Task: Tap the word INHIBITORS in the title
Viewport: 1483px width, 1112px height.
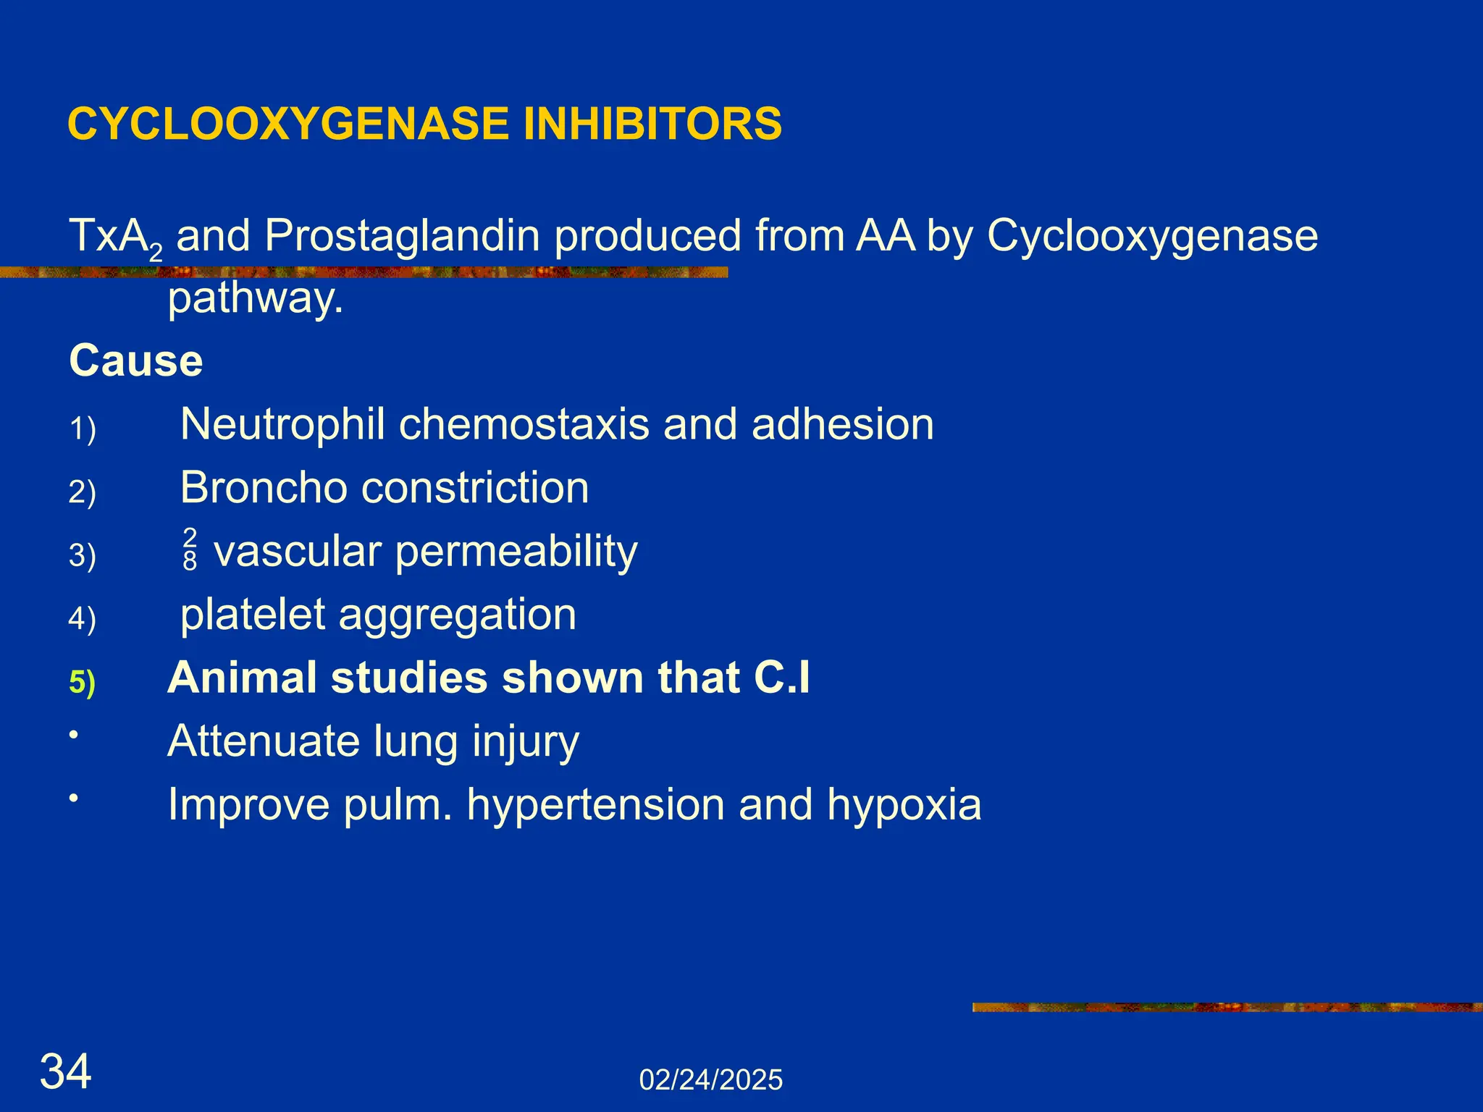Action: tap(652, 124)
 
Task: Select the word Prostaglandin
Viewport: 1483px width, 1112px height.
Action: tap(402, 237)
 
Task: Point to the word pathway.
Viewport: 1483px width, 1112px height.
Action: tap(255, 298)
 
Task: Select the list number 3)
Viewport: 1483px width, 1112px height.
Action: tap(83, 556)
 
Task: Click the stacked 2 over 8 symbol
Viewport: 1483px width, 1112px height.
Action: tap(190, 549)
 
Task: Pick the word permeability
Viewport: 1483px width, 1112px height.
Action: tap(516, 552)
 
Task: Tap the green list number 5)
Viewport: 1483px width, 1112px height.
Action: tap(83, 682)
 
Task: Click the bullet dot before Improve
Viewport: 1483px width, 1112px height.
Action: tap(73, 799)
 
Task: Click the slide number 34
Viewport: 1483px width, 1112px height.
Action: tap(66, 1071)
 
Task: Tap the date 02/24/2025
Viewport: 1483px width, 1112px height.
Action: tap(710, 1080)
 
